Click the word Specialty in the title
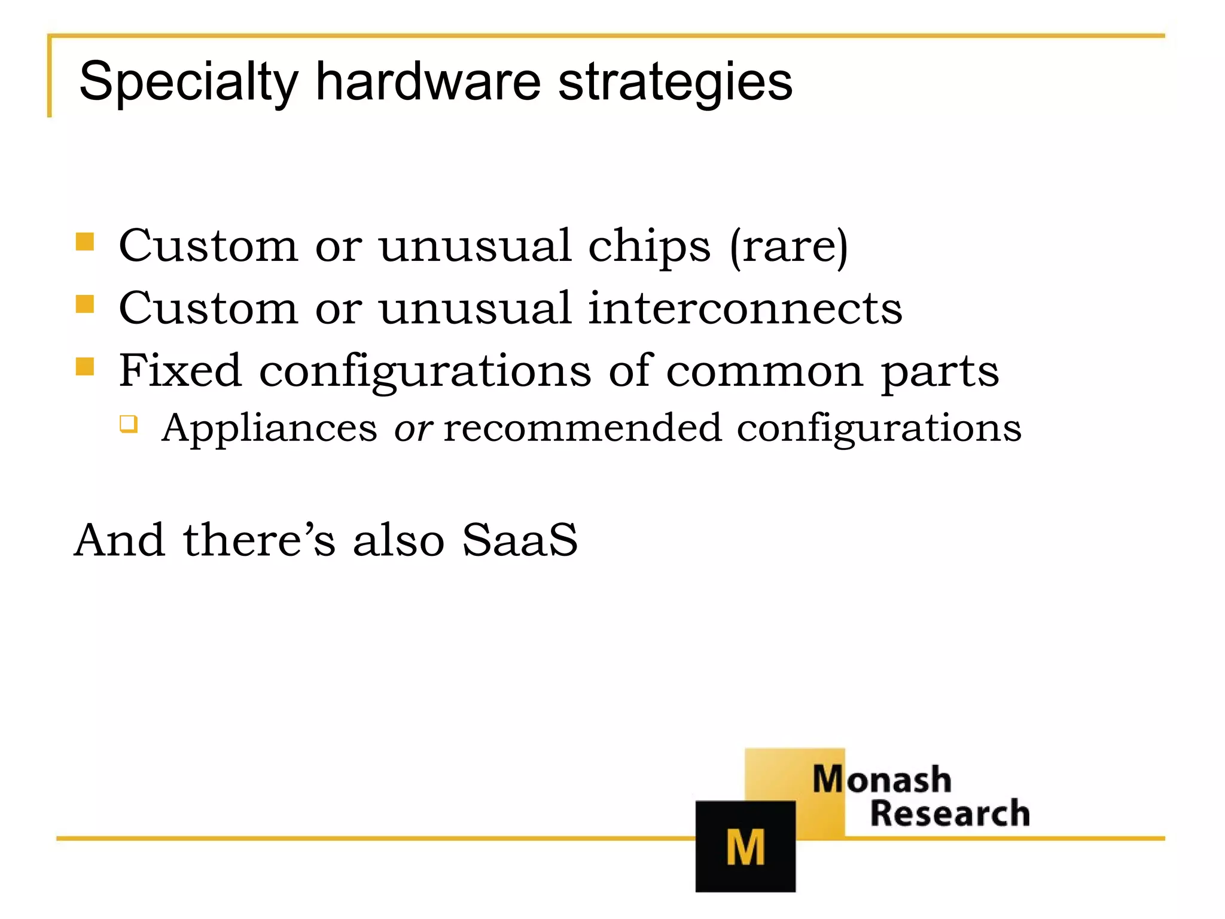pyautogui.click(x=188, y=82)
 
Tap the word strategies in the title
pyautogui.click(x=675, y=82)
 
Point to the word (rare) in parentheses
pyautogui.click(x=788, y=247)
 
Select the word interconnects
pyautogui.click(x=745, y=308)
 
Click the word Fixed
pyautogui.click(x=179, y=370)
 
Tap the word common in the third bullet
pyautogui.click(x=764, y=372)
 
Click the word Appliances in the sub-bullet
pyautogui.click(x=269, y=428)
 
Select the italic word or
pyautogui.click(x=413, y=428)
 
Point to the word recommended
pyautogui.click(x=583, y=428)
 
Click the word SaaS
pyautogui.click(x=519, y=540)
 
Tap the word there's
pyautogui.click(x=259, y=540)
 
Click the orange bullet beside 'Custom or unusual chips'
pyautogui.click(x=85, y=242)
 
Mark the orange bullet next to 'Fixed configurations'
pyautogui.click(x=85, y=366)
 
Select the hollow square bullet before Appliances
pyautogui.click(x=128, y=424)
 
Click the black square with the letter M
pyautogui.click(x=745, y=846)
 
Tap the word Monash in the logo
pyautogui.click(x=882, y=780)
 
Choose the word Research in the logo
pyautogui.click(x=950, y=814)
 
